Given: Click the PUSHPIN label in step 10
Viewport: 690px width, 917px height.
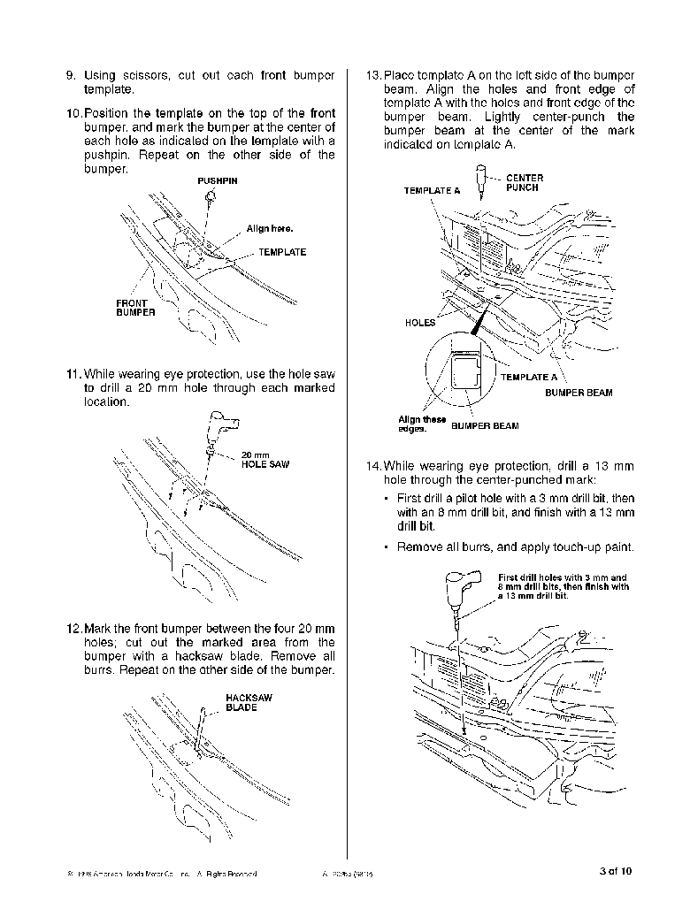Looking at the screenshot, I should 217,180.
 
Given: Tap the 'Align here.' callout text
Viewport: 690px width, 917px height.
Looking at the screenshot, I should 269,228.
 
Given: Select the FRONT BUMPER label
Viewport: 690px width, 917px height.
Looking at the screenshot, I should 135,308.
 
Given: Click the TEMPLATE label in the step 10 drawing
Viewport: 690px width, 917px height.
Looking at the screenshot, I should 282,252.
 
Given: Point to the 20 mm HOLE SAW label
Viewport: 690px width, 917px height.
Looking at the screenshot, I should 264,460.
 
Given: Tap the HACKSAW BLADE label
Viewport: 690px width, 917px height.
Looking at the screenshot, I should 249,702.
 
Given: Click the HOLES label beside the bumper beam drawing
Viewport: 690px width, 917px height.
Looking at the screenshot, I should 419,323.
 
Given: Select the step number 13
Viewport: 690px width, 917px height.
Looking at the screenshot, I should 373,75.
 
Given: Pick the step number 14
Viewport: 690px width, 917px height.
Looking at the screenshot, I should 373,466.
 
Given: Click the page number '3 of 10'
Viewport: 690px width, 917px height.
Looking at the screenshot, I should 616,872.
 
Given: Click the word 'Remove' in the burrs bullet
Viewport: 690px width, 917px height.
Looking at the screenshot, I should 418,547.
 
